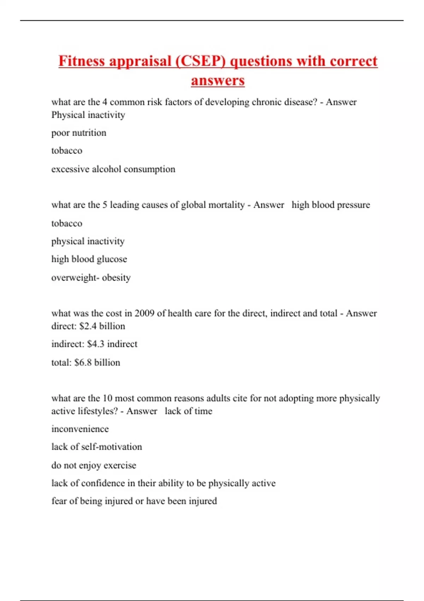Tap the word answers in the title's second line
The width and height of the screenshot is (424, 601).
pos(218,80)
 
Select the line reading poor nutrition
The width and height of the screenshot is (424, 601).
pos(79,133)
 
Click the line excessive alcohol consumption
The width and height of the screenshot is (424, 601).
pos(113,169)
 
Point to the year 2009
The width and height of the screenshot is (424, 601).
pos(144,313)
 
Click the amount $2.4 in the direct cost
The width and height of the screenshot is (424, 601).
pos(88,326)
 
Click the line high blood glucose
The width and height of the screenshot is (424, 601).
pos(89,259)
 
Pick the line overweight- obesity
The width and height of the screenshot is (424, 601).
pos(91,278)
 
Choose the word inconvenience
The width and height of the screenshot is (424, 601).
pos(80,429)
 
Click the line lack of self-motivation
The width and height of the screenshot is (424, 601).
pos(96,447)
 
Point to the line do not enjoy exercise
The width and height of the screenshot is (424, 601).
pos(94,465)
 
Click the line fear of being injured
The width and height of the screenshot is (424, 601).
pos(134,501)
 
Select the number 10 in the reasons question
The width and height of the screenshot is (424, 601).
pos(107,398)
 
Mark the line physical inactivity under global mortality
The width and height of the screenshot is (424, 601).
pos(88,241)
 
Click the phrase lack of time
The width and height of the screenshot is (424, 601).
pos(188,411)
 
